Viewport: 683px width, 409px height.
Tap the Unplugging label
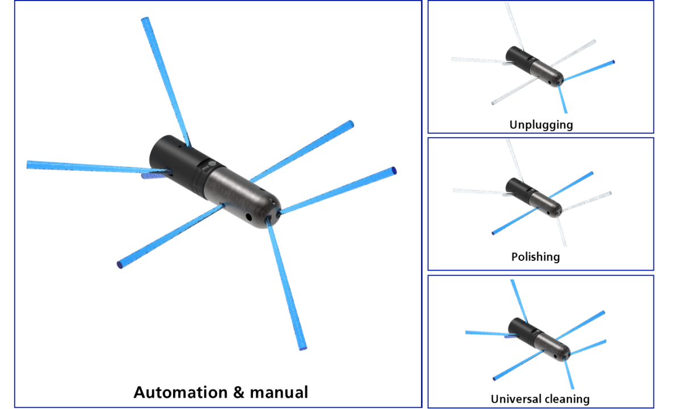pyautogui.click(x=541, y=125)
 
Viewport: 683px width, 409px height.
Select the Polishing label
pyautogui.click(x=535, y=257)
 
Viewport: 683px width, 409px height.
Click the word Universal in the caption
pyautogui.click(x=514, y=399)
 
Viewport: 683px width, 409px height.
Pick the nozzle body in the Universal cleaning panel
pyautogui.click(x=538, y=340)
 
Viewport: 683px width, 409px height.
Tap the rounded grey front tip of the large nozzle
pyautogui.click(x=272, y=208)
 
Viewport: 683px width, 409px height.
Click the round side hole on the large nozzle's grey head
pyautogui.click(x=248, y=217)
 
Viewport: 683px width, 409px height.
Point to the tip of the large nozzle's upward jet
pyautogui.click(x=146, y=21)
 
